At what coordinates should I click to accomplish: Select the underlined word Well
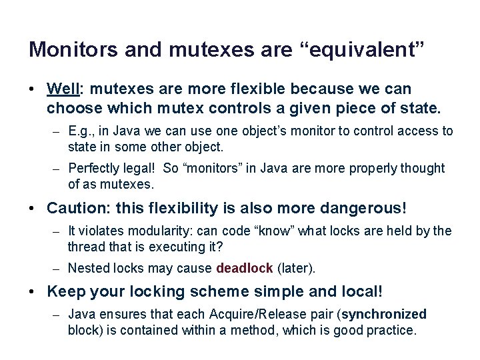pos(64,89)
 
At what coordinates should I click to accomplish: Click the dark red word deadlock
pos(245,269)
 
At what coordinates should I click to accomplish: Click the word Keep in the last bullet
pos(65,292)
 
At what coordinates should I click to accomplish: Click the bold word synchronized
pos(385,315)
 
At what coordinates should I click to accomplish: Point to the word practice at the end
pos(391,330)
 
